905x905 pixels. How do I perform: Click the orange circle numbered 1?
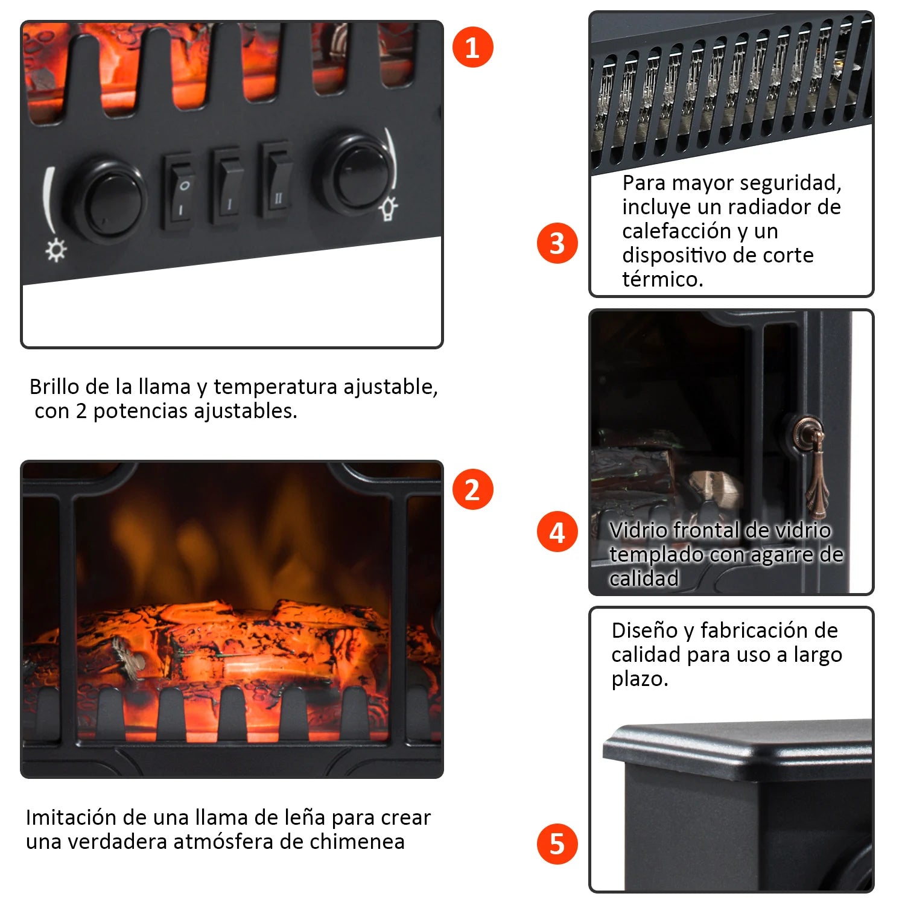pos(473,47)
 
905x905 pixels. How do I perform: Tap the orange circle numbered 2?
pos(473,489)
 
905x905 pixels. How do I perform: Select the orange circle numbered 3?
pos(557,243)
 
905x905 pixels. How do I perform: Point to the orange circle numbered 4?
pos(557,532)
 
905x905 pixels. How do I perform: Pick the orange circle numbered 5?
pos(557,843)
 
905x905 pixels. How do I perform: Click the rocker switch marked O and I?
pos(180,191)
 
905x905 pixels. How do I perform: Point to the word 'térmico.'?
pos(662,279)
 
